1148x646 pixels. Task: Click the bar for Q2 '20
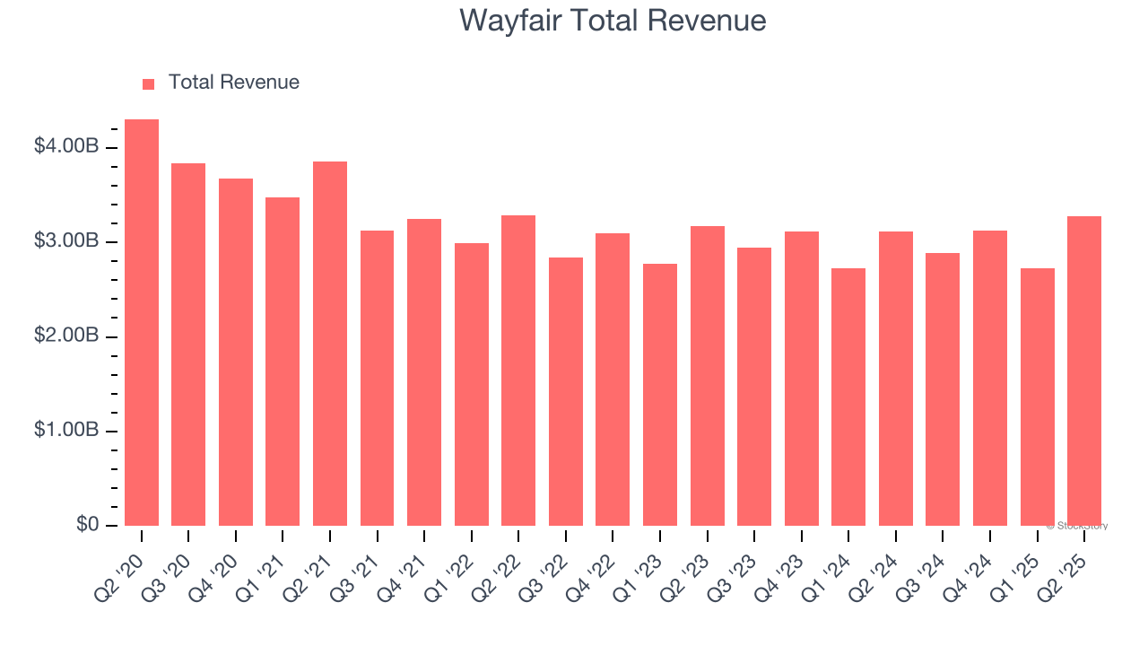click(142, 323)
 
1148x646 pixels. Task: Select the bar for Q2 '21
click(330, 344)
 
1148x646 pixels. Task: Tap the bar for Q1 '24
click(848, 397)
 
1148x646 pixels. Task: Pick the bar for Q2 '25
click(1084, 371)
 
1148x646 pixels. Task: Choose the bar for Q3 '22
click(566, 392)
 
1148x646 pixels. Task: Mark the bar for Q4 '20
click(236, 353)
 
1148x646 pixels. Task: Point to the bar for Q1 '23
click(660, 395)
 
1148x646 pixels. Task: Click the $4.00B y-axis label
click(66, 146)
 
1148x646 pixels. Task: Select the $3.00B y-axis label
click(66, 241)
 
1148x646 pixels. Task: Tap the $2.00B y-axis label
click(66, 336)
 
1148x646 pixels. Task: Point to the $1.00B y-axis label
click(66, 431)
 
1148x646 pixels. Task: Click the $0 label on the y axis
click(86, 524)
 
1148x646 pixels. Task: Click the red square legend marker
click(149, 83)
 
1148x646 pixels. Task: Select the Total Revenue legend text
click(234, 83)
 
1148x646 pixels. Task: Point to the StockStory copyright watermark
click(1077, 526)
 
